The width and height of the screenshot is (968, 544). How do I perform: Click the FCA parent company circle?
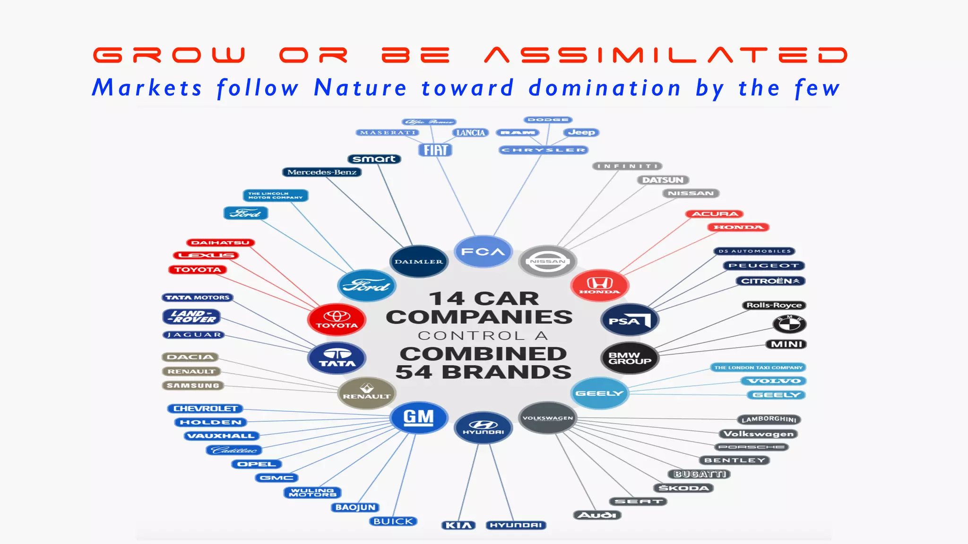pyautogui.click(x=483, y=251)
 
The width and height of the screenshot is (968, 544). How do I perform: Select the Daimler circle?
pyautogui.click(x=419, y=261)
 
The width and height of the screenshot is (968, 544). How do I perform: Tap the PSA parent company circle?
pyautogui.click(x=630, y=320)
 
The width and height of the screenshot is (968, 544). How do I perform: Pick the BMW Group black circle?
pyautogui.click(x=630, y=358)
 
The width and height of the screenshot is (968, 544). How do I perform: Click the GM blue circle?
pyautogui.click(x=419, y=417)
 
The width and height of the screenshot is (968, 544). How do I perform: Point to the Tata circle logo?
pyautogui.click(x=337, y=357)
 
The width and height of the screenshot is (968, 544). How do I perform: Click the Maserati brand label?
pyautogui.click(x=388, y=133)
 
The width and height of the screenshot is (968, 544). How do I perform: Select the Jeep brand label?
pyautogui.click(x=581, y=132)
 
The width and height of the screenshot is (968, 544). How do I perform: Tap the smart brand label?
pyautogui.click(x=374, y=159)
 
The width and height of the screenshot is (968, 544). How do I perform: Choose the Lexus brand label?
pyautogui.click(x=206, y=255)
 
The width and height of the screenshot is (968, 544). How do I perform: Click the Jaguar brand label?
pyautogui.click(x=193, y=335)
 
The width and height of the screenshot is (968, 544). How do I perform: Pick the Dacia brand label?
pyautogui.click(x=190, y=357)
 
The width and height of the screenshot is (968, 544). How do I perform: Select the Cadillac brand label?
pyautogui.click(x=234, y=450)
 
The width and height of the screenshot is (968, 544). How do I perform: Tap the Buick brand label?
pyautogui.click(x=393, y=521)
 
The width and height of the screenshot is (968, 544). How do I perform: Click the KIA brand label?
pyautogui.click(x=458, y=525)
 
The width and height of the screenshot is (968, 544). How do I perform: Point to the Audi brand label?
pyautogui.click(x=597, y=515)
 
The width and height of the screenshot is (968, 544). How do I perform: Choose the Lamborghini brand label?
pyautogui.click(x=769, y=419)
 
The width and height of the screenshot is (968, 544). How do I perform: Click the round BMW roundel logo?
pyautogui.click(x=789, y=324)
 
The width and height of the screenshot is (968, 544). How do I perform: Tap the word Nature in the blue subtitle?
pyautogui.click(x=360, y=88)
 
